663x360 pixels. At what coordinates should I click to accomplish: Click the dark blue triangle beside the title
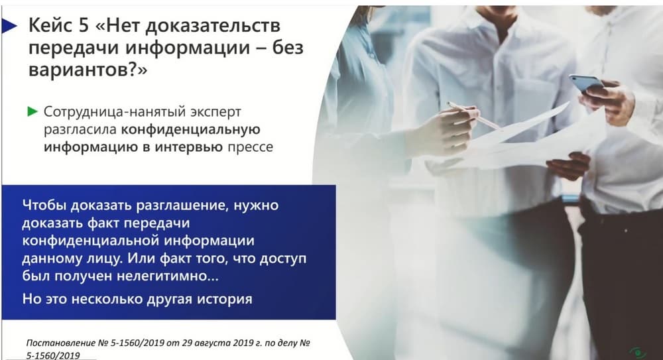pyautogui.click(x=9, y=27)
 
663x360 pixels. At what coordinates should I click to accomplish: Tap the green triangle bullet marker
pyautogui.click(x=32, y=111)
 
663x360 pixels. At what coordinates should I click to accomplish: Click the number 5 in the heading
pyautogui.click(x=84, y=26)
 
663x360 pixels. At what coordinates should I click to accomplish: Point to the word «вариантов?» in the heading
pyautogui.click(x=88, y=70)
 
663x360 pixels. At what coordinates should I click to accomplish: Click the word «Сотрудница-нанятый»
pyautogui.click(x=115, y=111)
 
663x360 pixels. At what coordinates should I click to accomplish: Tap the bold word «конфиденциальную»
pyautogui.click(x=190, y=129)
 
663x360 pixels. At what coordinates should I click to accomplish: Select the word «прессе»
pyautogui.click(x=251, y=147)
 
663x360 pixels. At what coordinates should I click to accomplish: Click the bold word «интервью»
pyautogui.click(x=188, y=147)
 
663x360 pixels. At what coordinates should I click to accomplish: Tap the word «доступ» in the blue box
pyautogui.click(x=283, y=259)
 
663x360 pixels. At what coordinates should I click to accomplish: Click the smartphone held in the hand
pyautogui.click(x=587, y=84)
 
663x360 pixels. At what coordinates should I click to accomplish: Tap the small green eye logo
pyautogui.click(x=638, y=353)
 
